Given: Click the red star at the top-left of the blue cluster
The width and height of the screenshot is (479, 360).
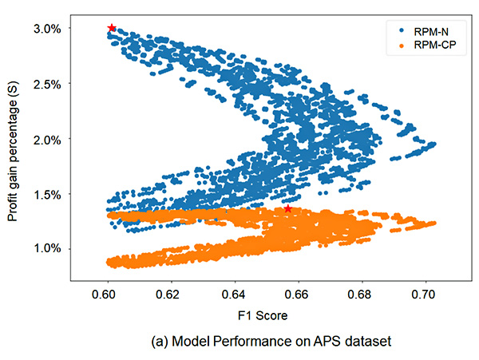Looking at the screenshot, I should [x=112, y=28].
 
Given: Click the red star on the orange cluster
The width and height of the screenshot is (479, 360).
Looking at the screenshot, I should [x=288, y=209].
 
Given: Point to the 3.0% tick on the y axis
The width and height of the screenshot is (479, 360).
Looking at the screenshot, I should [x=49, y=29].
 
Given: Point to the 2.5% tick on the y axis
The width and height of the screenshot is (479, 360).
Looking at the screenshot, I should [x=49, y=84].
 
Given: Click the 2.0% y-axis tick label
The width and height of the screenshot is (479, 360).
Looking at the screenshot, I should [x=49, y=139].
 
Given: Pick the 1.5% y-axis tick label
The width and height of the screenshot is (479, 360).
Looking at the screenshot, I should [x=49, y=194].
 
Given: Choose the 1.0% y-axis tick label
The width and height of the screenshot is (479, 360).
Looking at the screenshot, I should [x=49, y=249].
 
